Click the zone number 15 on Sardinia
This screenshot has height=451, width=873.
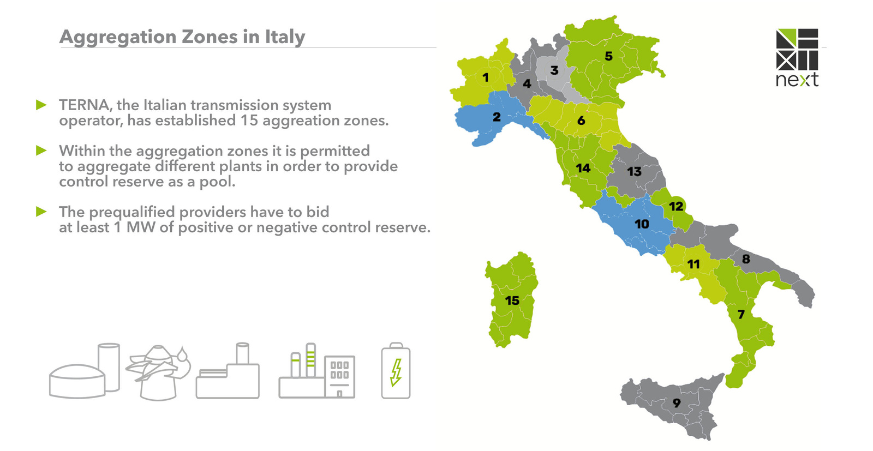pyautogui.click(x=512, y=300)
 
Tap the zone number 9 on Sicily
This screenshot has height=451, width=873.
pyautogui.click(x=677, y=403)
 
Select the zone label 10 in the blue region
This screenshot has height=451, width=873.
pyautogui.click(x=642, y=224)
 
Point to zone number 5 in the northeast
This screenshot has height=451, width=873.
pyautogui.click(x=608, y=56)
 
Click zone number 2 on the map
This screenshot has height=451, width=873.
pyautogui.click(x=497, y=117)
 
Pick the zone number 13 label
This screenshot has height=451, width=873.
pyautogui.click(x=634, y=171)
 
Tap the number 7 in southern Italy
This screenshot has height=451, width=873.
pyautogui.click(x=741, y=314)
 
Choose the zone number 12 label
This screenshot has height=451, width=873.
pyautogui.click(x=676, y=206)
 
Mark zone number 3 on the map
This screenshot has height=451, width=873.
pyautogui.click(x=554, y=70)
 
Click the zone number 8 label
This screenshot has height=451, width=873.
pyautogui.click(x=746, y=259)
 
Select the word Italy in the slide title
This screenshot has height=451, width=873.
pyautogui.click(x=285, y=37)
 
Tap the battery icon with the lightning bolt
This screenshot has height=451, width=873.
pyautogui.click(x=396, y=371)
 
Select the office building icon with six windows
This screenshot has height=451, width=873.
pyautogui.click(x=339, y=376)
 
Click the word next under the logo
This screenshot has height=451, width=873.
pyautogui.click(x=797, y=80)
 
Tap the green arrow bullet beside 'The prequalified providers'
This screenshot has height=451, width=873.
pyautogui.click(x=41, y=212)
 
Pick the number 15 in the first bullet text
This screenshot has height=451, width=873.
pyautogui.click(x=249, y=120)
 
